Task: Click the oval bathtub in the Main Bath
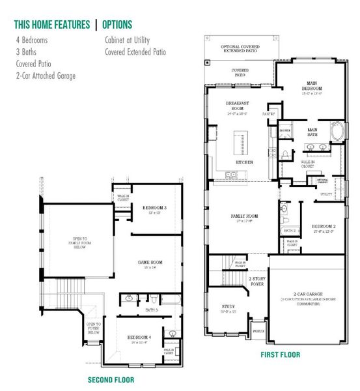(339, 132)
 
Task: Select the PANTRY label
(269, 113)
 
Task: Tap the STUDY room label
(228, 306)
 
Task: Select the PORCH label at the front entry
(258, 330)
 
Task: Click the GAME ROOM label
(150, 263)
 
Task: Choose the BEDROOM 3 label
(155, 209)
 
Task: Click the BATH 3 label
(152, 309)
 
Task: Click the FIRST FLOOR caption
(280, 355)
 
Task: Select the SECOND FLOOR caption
(111, 379)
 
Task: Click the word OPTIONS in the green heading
(117, 25)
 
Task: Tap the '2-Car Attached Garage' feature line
(46, 76)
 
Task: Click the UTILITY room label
(326, 194)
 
